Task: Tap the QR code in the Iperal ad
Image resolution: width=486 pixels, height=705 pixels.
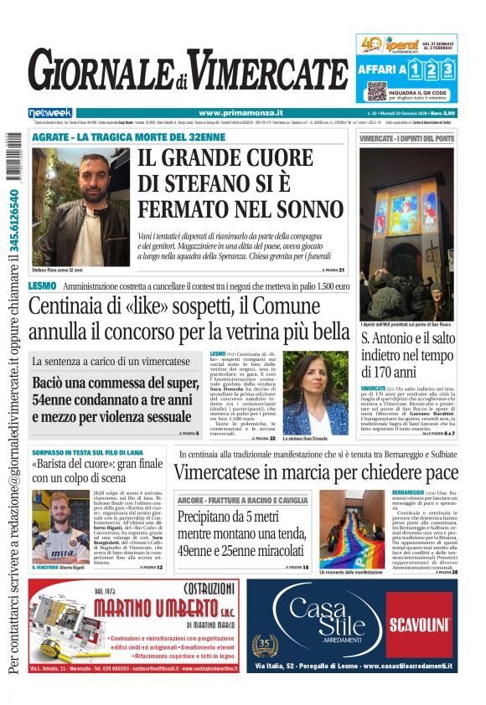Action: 376,91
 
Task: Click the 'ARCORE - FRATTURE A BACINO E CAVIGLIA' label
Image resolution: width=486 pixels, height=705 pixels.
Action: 231,500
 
